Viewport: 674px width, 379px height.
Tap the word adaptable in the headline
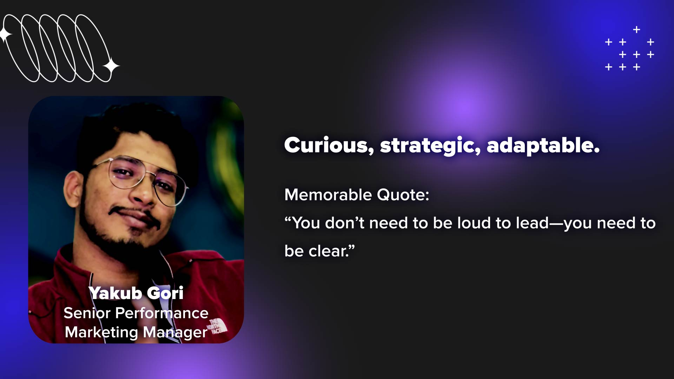(543, 146)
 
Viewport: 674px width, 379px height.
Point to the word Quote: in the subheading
(403, 195)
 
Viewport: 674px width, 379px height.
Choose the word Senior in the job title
(87, 313)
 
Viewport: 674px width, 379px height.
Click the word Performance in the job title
(162, 313)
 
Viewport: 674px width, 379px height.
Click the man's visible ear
(73, 188)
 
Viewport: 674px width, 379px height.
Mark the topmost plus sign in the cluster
(636, 29)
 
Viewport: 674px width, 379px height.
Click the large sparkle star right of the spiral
(111, 66)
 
